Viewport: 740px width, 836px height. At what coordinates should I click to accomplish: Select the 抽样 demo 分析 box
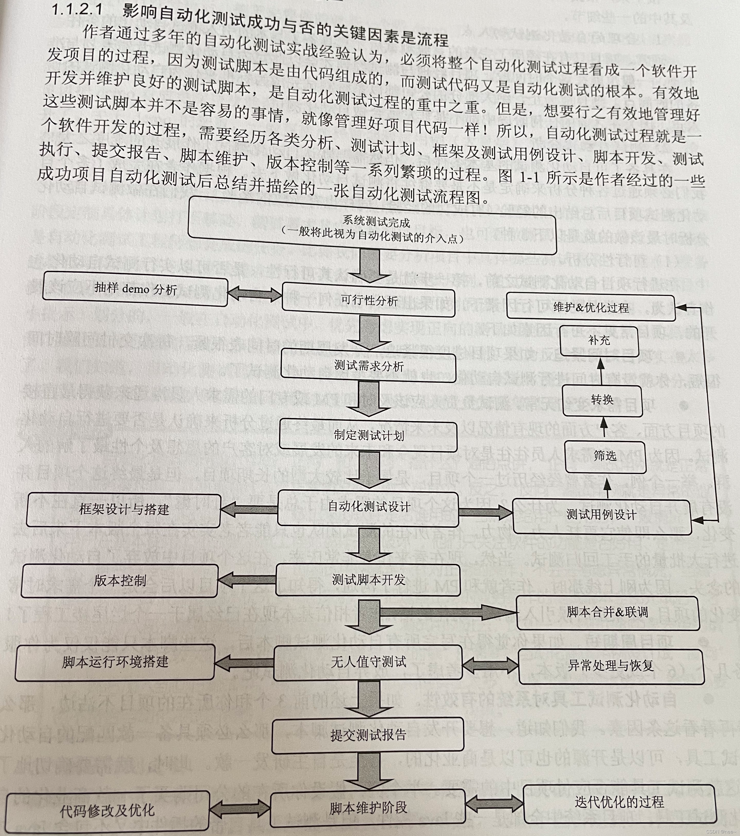click(135, 289)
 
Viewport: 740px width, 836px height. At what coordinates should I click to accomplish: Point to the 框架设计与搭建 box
click(124, 510)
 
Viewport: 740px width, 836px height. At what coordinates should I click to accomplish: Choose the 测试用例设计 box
click(601, 515)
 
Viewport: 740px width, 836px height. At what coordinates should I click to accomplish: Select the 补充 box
click(599, 340)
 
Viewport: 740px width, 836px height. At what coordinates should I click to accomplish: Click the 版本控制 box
click(119, 580)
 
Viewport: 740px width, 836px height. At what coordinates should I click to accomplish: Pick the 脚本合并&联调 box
click(607, 612)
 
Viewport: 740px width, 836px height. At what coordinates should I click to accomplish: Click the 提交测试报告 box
click(368, 735)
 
